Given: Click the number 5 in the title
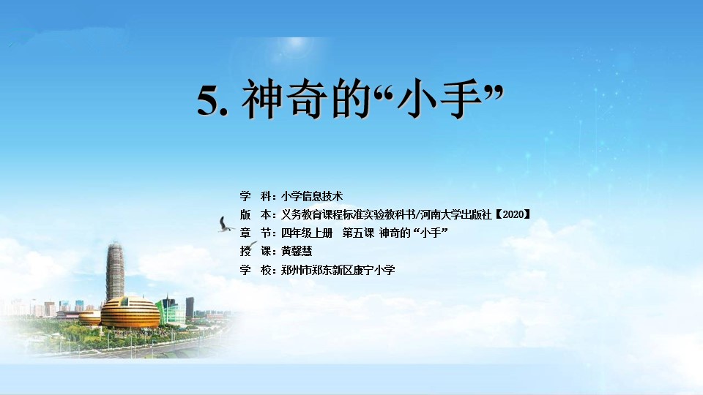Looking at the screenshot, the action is point(209,100).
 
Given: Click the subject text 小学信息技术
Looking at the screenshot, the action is point(312,196).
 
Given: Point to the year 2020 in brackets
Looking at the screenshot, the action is point(513,214).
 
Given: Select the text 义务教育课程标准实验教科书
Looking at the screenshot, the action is point(348,214).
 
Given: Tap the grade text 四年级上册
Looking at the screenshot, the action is point(307,233).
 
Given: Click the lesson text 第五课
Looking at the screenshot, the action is point(358,233).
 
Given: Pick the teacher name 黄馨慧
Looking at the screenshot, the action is point(297,251).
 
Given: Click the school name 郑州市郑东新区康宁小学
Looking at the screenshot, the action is point(338,270).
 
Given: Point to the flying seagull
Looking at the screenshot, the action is point(225,225).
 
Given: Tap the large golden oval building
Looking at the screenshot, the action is point(130,312).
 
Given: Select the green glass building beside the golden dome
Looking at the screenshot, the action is point(169,310).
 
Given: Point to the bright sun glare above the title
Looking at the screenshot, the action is point(296,45).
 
